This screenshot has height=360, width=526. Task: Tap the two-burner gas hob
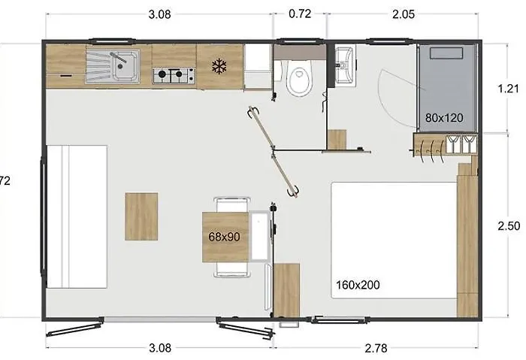(x=174, y=75)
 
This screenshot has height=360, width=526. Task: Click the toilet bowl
(x=299, y=80)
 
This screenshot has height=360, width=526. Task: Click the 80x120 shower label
(x=443, y=117)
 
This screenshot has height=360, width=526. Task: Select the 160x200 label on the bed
(x=357, y=284)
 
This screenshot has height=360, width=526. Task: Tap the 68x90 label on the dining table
(x=224, y=237)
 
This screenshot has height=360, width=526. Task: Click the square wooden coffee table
(x=141, y=216)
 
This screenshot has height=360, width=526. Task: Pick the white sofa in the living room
(x=77, y=216)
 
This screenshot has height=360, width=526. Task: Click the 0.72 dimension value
(x=300, y=14)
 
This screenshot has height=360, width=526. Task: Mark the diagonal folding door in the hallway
(x=274, y=152)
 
